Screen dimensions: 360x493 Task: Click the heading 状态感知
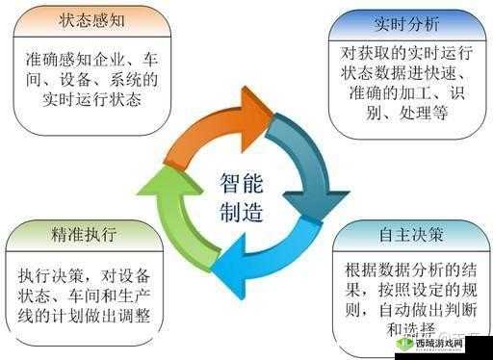coord(86,19)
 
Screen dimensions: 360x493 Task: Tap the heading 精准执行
coord(87,234)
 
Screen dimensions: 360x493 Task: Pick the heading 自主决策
coord(408,234)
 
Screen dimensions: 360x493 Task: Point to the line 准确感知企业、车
coord(86,57)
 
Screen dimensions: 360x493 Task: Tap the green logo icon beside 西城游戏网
coord(405,344)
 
